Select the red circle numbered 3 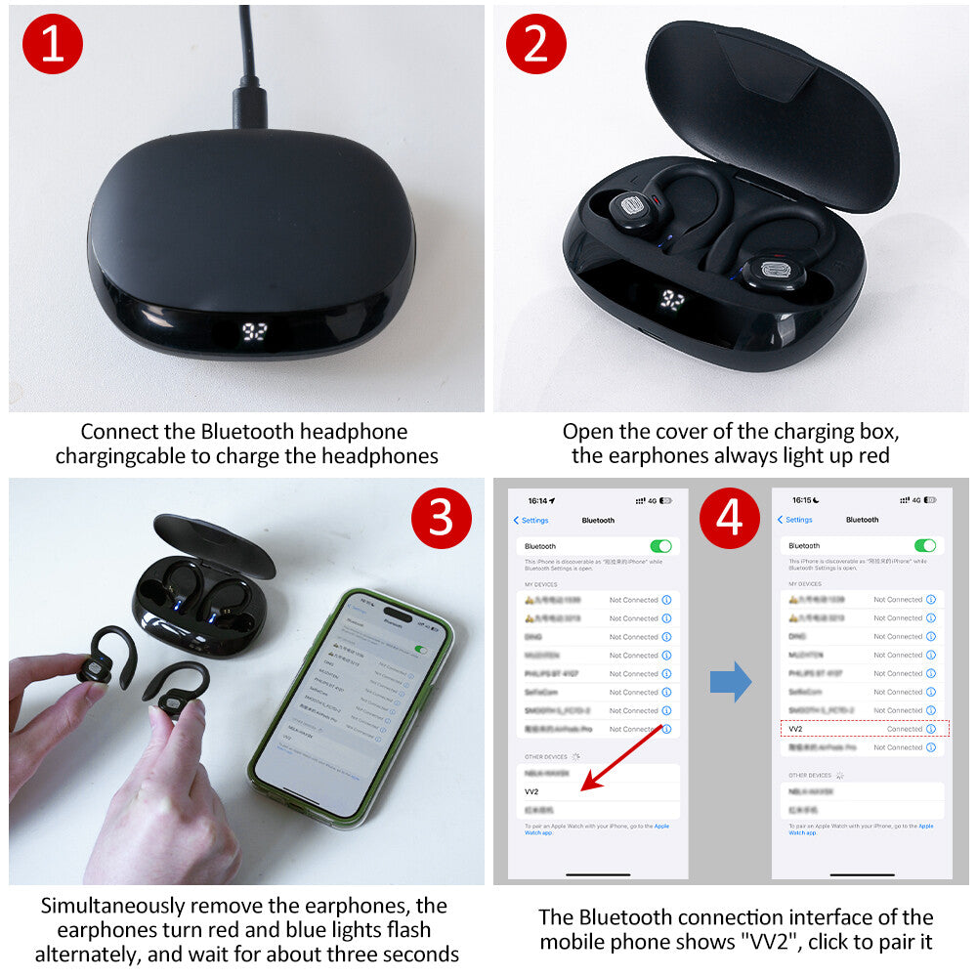[x=443, y=518]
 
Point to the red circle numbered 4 [x=730, y=518]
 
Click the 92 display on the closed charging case [x=255, y=331]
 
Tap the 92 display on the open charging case [x=672, y=300]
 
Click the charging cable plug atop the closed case [x=250, y=106]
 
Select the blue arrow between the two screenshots [x=730, y=681]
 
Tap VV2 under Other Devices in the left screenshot [x=531, y=791]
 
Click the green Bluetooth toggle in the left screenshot [x=660, y=546]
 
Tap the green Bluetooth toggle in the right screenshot [x=924, y=545]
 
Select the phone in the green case [x=352, y=703]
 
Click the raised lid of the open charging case [x=772, y=107]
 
